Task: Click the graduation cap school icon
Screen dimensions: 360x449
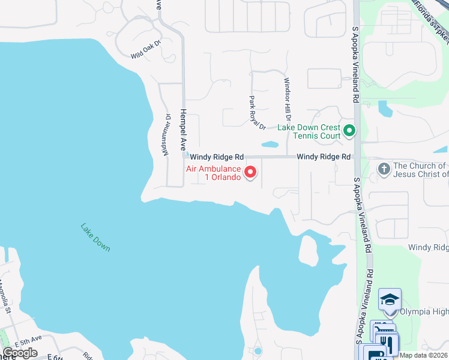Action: pyautogui.click(x=390, y=299)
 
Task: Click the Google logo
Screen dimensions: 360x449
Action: pyautogui.click(x=20, y=353)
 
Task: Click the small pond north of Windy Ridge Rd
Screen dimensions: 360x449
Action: pyautogui.click(x=270, y=145)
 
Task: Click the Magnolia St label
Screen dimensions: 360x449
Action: pyautogui.click(x=5, y=296)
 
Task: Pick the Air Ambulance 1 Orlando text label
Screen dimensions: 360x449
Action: pyautogui.click(x=213, y=173)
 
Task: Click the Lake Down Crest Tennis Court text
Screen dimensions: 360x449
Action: pyautogui.click(x=309, y=131)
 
